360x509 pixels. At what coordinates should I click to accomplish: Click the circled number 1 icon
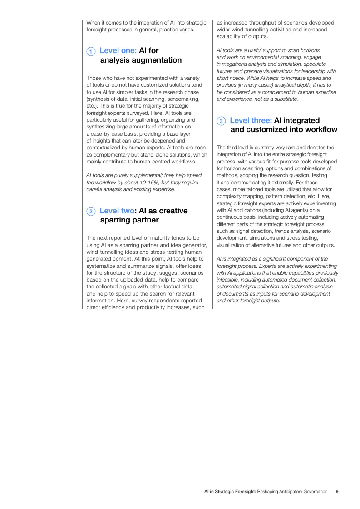point(91,51)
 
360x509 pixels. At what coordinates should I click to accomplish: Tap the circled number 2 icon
point(91,212)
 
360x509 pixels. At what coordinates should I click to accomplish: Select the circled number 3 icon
point(221,121)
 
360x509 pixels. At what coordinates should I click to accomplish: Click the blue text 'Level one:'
point(118,50)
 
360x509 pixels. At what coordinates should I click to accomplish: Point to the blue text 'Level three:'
point(251,120)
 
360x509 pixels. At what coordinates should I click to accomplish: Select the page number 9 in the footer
point(337,492)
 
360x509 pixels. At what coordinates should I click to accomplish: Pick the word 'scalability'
point(231,36)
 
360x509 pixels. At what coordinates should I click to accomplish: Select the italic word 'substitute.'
point(285,99)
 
